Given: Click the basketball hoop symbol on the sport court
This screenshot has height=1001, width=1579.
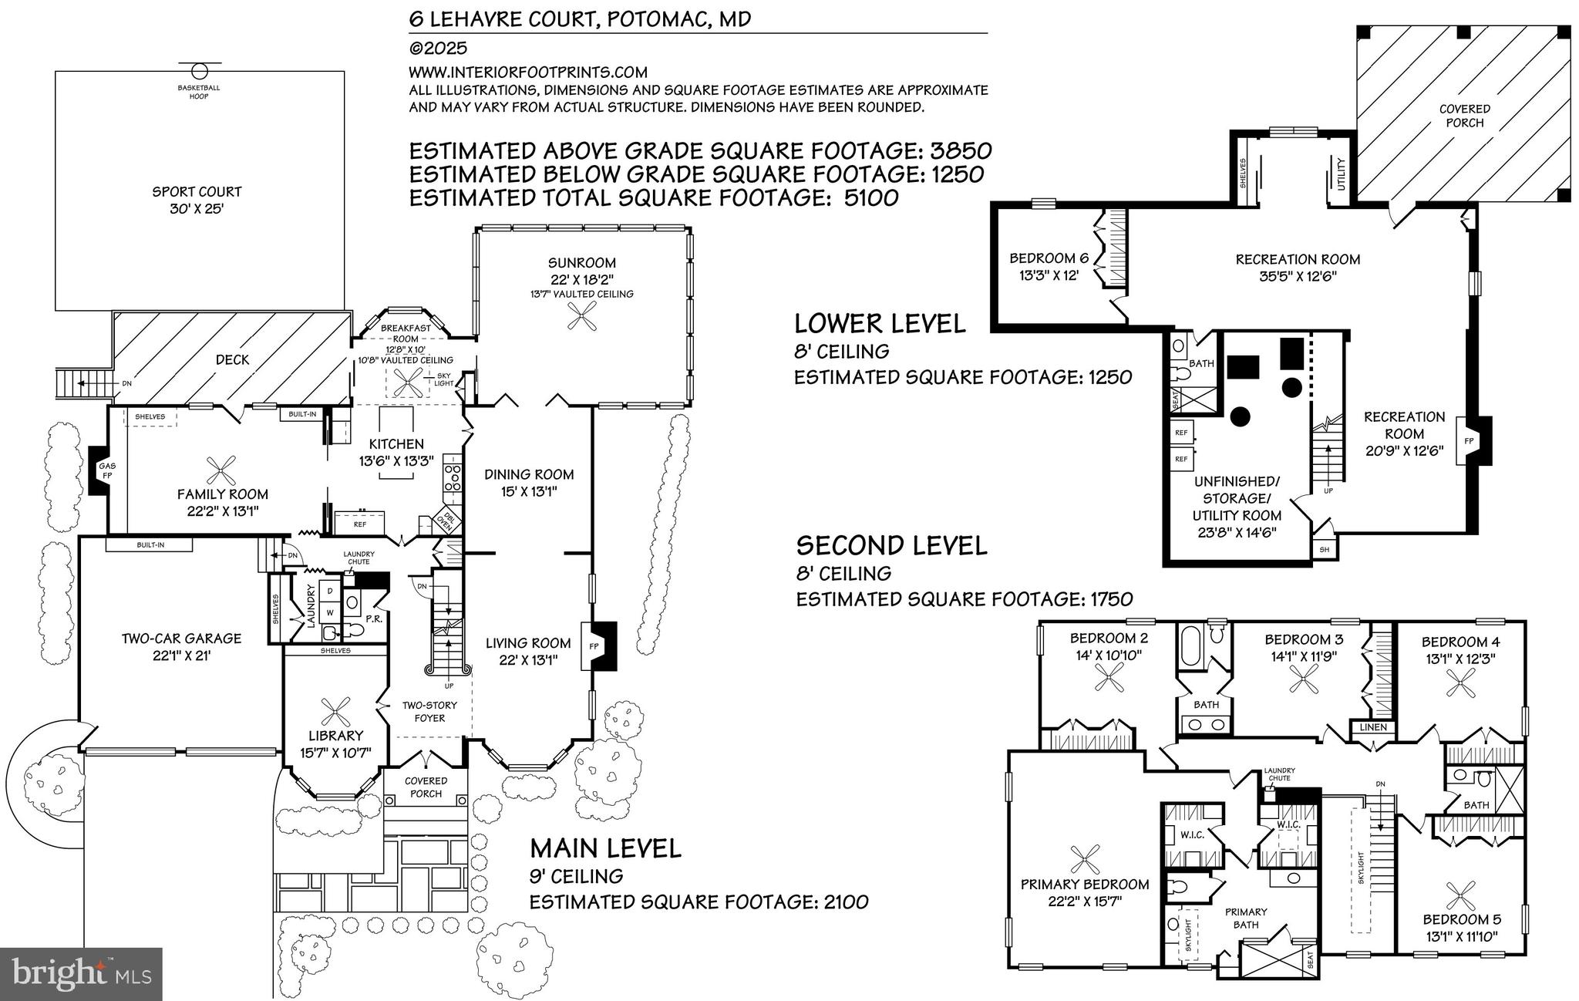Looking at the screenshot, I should coord(200,71).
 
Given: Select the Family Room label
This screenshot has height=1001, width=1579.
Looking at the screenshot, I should coord(223,494).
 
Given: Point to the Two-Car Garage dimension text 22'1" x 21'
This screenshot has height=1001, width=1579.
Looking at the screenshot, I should coord(182,656).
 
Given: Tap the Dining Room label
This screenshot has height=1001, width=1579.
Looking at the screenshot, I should coord(529,474).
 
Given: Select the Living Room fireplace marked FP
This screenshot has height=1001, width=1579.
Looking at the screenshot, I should coord(595,644).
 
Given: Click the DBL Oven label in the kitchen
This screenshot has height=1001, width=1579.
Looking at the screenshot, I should coord(446,520).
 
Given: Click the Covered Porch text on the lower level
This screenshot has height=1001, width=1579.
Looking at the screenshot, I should coord(1464,116).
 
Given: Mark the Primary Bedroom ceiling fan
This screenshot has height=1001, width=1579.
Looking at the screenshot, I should coord(1084,858).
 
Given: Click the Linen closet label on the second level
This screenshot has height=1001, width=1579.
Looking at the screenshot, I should coord(1373,727).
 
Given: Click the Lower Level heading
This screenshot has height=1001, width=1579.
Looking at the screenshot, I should coord(880,323).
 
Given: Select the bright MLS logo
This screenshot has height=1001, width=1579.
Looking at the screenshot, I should coord(81,973).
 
